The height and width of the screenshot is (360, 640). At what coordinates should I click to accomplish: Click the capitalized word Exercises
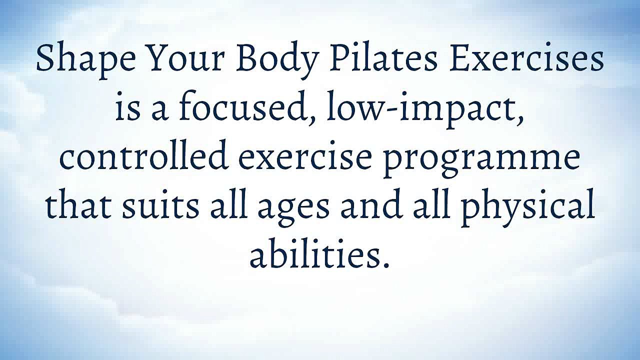526,59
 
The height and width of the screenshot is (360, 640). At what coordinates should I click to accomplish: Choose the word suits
160,206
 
